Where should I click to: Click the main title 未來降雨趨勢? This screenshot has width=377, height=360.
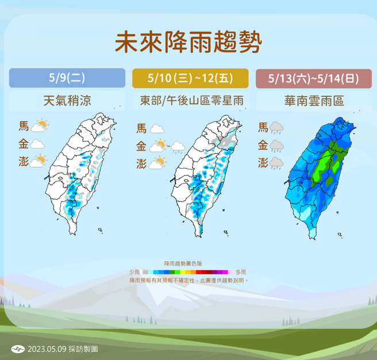point(188,42)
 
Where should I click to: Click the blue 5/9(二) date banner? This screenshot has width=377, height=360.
point(67,78)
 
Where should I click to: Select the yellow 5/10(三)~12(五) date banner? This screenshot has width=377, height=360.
point(190,78)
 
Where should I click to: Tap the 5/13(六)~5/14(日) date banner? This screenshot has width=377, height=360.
point(313,78)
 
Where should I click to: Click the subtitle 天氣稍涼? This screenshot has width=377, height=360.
point(67,101)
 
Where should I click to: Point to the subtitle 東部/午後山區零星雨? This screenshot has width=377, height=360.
point(190,101)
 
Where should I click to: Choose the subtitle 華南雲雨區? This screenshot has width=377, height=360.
point(313,101)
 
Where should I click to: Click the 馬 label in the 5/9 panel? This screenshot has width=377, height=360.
point(24,126)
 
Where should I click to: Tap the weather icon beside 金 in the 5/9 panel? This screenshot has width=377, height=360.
point(38,144)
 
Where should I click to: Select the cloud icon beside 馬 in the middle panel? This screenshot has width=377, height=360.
point(157,129)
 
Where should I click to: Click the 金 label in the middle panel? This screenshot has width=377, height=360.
point(141,146)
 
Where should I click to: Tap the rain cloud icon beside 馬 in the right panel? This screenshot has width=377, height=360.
point(277,127)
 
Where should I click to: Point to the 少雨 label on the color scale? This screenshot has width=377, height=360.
point(136,272)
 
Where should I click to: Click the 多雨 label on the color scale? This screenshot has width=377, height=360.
point(241,272)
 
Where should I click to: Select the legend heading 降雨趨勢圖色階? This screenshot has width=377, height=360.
point(187,262)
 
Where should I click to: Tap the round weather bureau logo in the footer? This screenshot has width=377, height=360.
point(18,349)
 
